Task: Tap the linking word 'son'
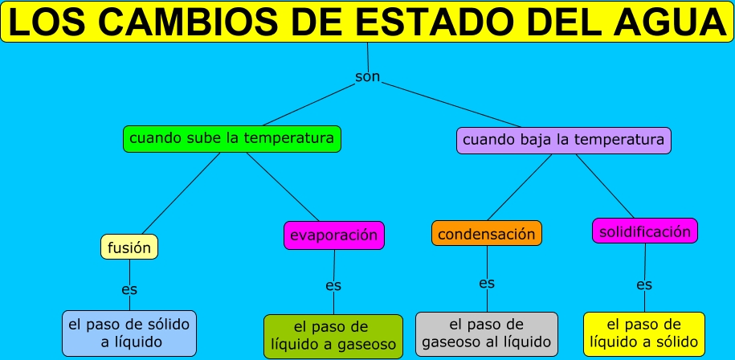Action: click(x=367, y=77)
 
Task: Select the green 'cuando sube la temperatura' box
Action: click(x=231, y=138)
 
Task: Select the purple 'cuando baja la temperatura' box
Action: click(x=563, y=140)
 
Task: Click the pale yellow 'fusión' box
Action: click(x=129, y=247)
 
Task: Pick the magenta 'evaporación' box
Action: click(x=334, y=235)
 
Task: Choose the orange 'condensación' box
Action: click(x=486, y=234)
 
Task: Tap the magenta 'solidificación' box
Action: click(x=644, y=231)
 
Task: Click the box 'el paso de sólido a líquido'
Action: click(x=129, y=333)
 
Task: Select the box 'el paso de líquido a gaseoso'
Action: click(x=333, y=336)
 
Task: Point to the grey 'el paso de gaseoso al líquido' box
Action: click(x=486, y=334)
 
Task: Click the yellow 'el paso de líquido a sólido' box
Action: click(x=643, y=333)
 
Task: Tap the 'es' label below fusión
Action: click(x=129, y=288)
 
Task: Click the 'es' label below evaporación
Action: click(x=333, y=285)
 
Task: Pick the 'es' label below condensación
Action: click(x=487, y=283)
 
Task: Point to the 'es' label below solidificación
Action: click(x=644, y=284)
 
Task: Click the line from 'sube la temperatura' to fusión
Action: click(x=181, y=193)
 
